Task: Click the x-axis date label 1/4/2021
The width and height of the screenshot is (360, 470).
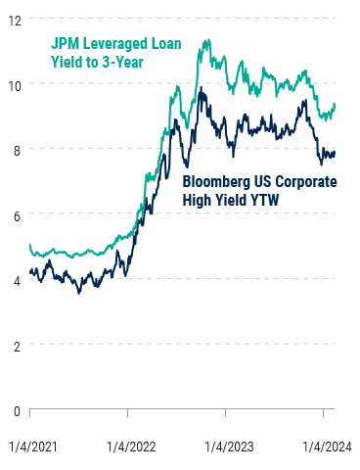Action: pyautogui.click(x=30, y=446)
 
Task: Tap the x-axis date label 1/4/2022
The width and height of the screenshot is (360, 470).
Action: pyautogui.click(x=131, y=446)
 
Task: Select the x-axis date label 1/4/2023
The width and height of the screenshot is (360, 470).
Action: pyautogui.click(x=229, y=446)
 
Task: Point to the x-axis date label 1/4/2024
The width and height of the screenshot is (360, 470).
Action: pyautogui.click(x=326, y=446)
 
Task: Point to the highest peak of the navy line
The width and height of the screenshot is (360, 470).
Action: pyautogui.click(x=201, y=88)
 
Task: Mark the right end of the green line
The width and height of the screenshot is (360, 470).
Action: pyautogui.click(x=336, y=104)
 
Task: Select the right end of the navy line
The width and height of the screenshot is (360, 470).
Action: pyautogui.click(x=336, y=152)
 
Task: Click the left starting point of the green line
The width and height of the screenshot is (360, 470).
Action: pyautogui.click(x=30, y=245)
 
